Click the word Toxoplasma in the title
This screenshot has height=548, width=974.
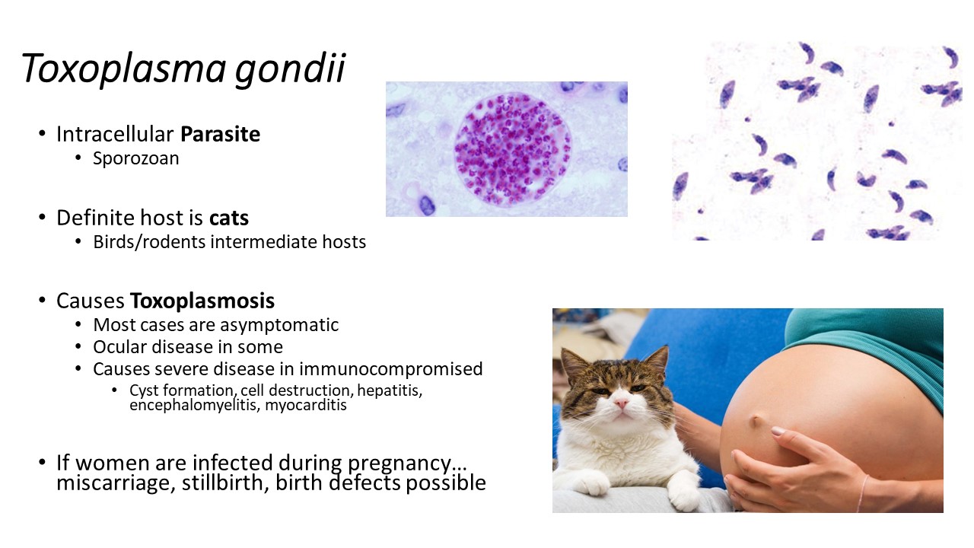(123, 68)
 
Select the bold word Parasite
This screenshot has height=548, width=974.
(220, 134)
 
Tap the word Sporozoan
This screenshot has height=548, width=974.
(135, 159)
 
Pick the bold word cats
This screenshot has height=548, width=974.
(229, 218)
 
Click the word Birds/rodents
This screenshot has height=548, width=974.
(149, 242)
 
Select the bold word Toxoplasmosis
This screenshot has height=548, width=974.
(202, 301)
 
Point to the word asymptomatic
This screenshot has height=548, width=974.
(279, 325)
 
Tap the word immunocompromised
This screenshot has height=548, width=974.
(390, 369)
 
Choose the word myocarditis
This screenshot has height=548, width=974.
(306, 406)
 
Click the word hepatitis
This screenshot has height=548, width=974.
(390, 390)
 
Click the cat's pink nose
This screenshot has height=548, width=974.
(622, 403)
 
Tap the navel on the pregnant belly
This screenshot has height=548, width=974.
(756, 420)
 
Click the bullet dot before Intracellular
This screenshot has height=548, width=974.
(42, 133)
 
